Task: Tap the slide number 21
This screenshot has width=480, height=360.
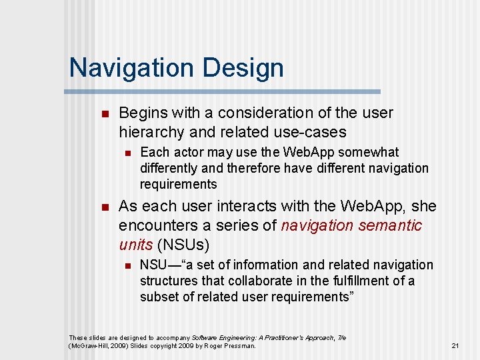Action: (x=455, y=345)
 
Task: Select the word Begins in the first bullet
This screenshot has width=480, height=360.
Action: (x=143, y=113)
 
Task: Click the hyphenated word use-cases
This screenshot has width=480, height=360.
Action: (x=313, y=131)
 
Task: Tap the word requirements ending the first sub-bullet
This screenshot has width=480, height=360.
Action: (x=178, y=184)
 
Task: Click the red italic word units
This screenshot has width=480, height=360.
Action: (x=135, y=244)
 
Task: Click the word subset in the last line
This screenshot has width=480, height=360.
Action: (x=158, y=297)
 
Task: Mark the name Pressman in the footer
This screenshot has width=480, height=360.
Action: (x=238, y=345)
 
